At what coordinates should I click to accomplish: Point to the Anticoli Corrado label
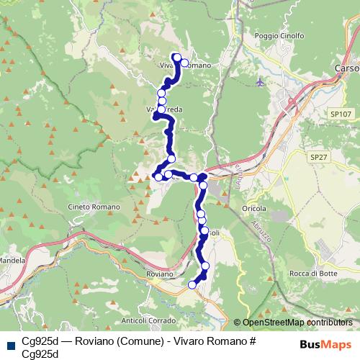pyautogui.click(x=148, y=320)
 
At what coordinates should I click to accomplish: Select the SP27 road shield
pyautogui.click(x=318, y=156)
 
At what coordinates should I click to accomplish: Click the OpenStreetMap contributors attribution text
pyautogui.click(x=293, y=323)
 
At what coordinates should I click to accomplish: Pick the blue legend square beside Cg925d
pyautogui.click(x=11, y=343)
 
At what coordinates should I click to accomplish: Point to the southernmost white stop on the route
pyautogui.click(x=192, y=285)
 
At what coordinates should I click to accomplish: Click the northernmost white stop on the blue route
pyautogui.click(x=177, y=57)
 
